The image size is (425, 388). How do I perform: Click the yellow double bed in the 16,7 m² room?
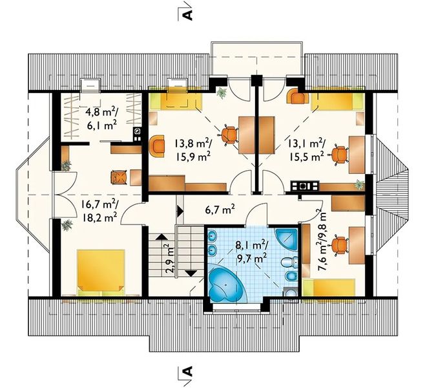tap(101, 272)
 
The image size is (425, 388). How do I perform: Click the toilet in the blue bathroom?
tap(287, 263)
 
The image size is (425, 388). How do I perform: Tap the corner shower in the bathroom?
tap(287, 239)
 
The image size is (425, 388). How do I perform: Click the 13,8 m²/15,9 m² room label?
tap(192, 149)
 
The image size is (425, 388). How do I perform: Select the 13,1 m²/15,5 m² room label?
tap(306, 149)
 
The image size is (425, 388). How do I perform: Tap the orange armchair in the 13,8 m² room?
tap(157, 146)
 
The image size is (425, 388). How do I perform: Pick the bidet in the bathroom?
tap(288, 277)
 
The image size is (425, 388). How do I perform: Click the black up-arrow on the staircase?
tap(162, 237)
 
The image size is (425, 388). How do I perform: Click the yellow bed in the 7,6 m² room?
tap(329, 287)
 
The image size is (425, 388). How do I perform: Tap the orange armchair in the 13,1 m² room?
tap(298, 96)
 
